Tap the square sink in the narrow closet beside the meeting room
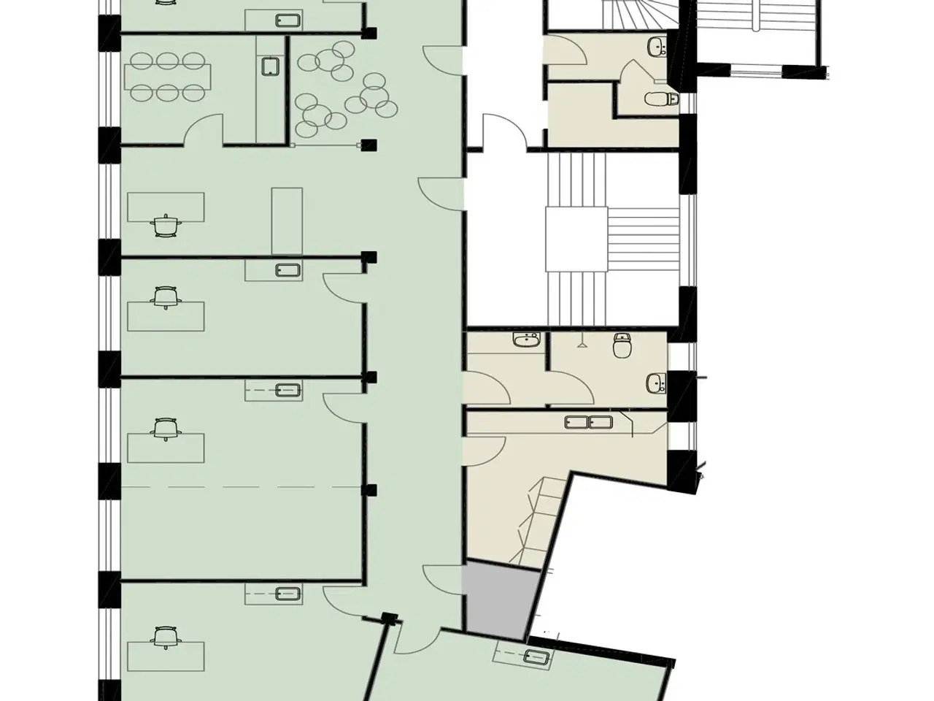[270, 67]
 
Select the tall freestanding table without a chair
[287, 218]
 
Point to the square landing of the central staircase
[576, 238]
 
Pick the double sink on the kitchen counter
[587, 421]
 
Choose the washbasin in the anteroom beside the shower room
[525, 339]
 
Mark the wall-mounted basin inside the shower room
[656, 382]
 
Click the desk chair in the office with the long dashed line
[166, 428]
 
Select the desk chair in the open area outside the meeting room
[166, 225]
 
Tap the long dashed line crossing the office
[241, 486]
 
